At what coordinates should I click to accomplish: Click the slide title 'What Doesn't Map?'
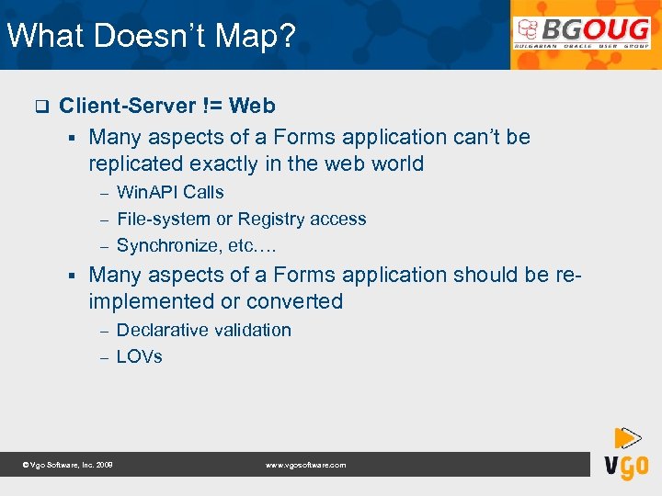[x=152, y=36]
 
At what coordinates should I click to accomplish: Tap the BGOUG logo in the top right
[x=584, y=35]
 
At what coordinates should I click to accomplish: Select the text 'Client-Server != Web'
[x=166, y=106]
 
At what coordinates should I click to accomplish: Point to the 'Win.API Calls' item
[x=170, y=192]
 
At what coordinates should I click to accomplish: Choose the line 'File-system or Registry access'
[x=241, y=219]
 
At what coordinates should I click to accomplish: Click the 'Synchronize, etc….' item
[x=196, y=246]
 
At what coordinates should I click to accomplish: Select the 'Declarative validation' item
[x=203, y=330]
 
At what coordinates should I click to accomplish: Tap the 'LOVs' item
[x=139, y=356]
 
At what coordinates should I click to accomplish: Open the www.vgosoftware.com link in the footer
[x=306, y=466]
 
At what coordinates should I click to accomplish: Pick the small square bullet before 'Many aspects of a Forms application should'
[x=70, y=275]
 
